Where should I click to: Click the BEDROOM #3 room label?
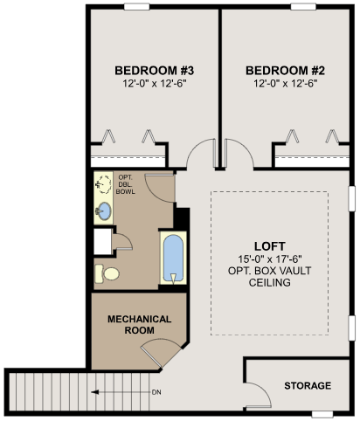[x=154, y=71]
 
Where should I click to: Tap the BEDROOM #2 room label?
[x=285, y=71]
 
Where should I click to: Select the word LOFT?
[x=270, y=246]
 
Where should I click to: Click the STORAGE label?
[x=308, y=385]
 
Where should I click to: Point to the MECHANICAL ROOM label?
[x=139, y=325]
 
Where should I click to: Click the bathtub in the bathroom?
[x=173, y=258]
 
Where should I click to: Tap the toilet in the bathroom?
[x=107, y=273]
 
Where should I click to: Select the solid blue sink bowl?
[x=103, y=210]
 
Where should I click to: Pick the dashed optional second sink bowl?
[x=103, y=184]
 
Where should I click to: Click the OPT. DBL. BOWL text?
[x=126, y=184]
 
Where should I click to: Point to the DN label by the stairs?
[x=156, y=392]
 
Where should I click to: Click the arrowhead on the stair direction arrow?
[x=94, y=392]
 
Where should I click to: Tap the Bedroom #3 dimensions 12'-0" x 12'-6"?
[x=154, y=84]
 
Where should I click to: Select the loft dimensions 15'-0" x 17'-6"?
[x=270, y=259]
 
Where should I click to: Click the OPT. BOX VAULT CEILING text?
[x=270, y=277]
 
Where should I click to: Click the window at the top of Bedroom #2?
[x=303, y=6]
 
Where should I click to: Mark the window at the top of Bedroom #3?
[x=137, y=6]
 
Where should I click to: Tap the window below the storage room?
[x=322, y=414]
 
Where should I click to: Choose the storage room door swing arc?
[x=264, y=389]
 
